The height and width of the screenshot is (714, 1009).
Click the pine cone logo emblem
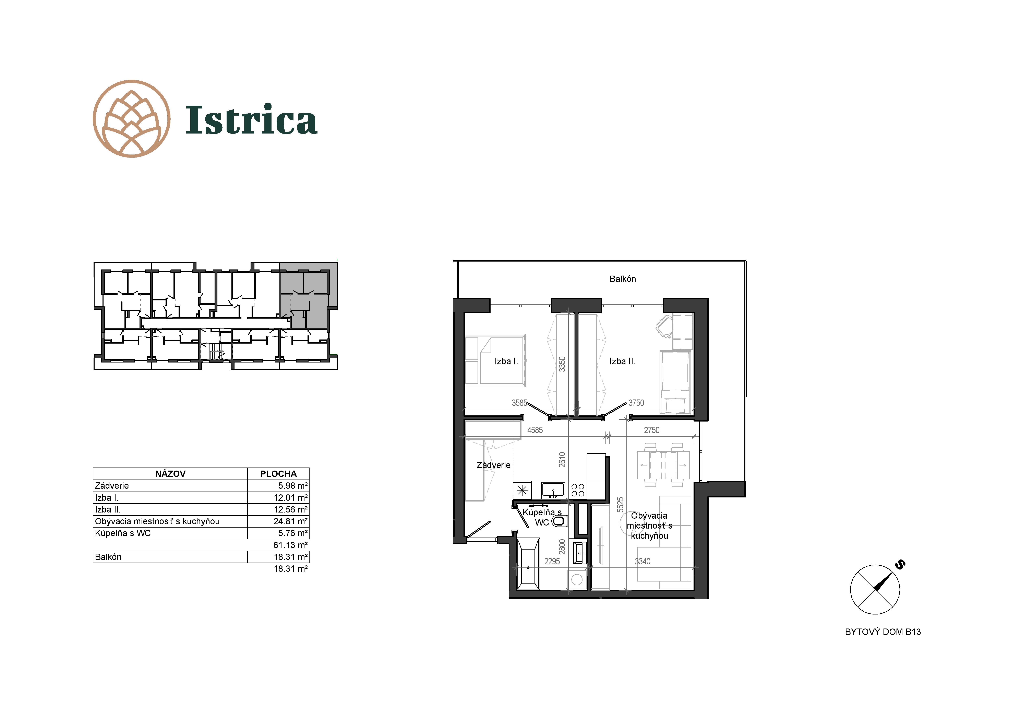pos(131,119)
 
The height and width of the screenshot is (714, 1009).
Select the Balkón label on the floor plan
pos(622,279)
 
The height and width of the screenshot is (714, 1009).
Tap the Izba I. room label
pos(506,361)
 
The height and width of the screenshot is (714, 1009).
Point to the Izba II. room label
pos(622,361)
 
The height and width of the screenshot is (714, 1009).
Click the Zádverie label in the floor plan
pos(493,465)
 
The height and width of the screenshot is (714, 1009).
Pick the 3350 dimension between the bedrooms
pos(562,364)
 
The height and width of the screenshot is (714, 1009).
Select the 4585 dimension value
pos(535,430)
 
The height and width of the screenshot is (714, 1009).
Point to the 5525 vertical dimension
pos(620,504)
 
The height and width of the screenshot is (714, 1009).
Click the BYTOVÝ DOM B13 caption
pos(882,632)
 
